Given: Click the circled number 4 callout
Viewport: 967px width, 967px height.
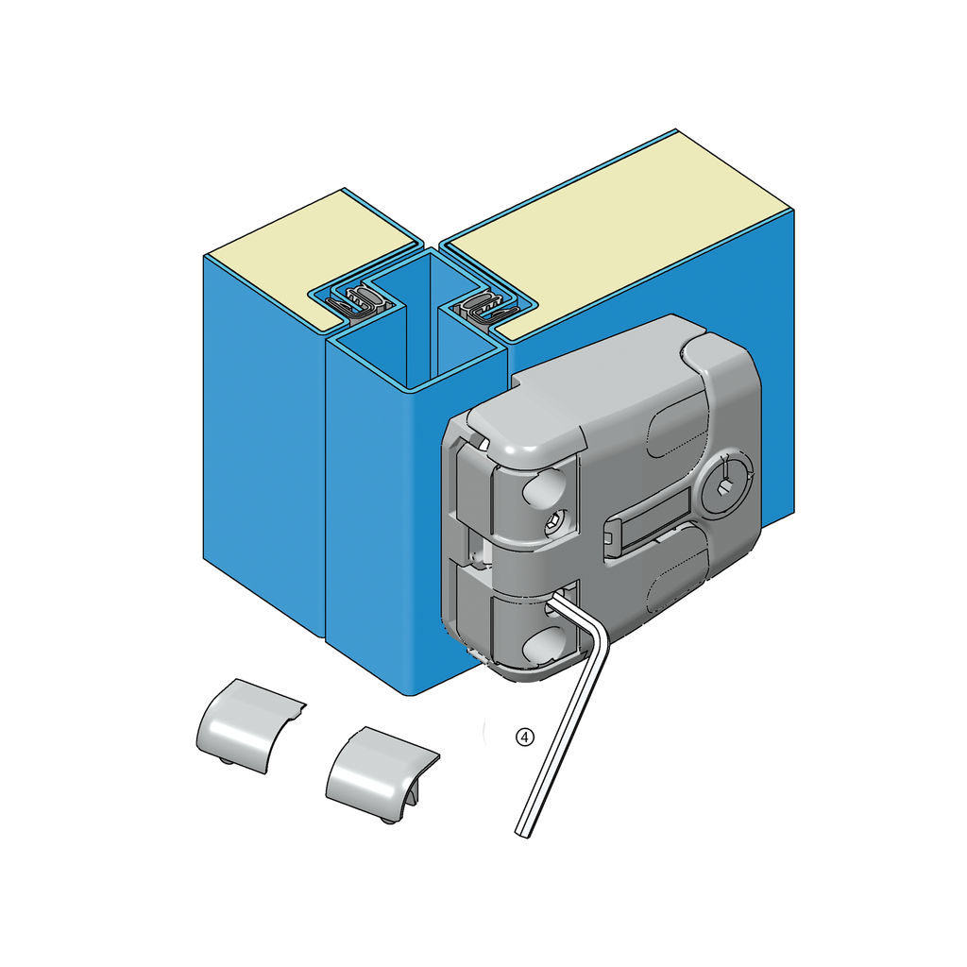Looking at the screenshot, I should pyautogui.click(x=525, y=737).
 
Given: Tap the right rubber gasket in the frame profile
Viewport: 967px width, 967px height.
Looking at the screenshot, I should pyautogui.click(x=484, y=307).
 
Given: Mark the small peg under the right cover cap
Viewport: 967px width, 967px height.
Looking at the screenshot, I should pyautogui.click(x=388, y=819).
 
